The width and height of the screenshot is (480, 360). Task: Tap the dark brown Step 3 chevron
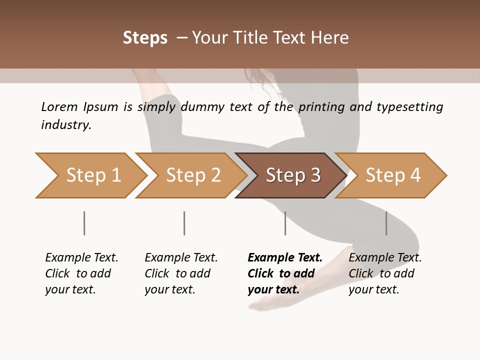[x=291, y=175]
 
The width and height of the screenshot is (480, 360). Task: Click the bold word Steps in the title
[x=145, y=38]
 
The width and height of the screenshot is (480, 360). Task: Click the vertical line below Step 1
[x=84, y=223]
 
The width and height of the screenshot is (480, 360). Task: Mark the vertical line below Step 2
[x=184, y=223]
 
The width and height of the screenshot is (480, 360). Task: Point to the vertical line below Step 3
[x=285, y=223]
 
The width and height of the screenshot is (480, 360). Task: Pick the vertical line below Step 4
[x=386, y=223]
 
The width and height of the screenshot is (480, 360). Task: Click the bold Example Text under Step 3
[x=285, y=258]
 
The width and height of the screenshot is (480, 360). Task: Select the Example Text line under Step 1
[x=81, y=258]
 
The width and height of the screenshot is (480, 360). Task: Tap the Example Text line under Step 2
[x=181, y=258]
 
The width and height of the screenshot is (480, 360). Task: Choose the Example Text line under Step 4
[x=385, y=258]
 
